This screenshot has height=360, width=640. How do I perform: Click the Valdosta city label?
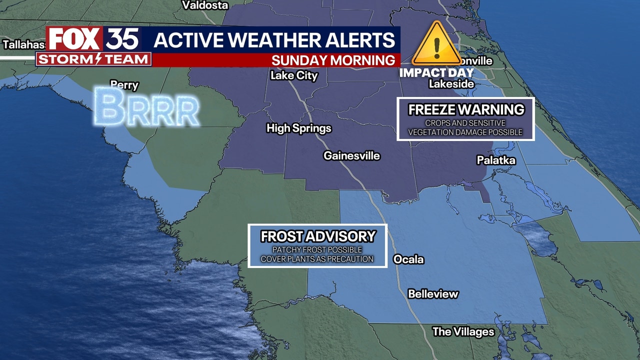pos(205,5)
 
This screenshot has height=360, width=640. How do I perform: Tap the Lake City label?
pos(294,76)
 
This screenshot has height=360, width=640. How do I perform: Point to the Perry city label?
pos(124,85)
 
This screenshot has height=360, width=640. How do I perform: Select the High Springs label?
pos(299,128)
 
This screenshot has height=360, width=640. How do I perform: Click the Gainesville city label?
pos(351,156)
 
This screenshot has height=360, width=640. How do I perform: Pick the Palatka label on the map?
pos(496,160)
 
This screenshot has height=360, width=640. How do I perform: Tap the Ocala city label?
pos(408,259)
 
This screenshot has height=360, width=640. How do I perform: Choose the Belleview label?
pos(433,294)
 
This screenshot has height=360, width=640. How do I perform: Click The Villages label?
pos(463,331)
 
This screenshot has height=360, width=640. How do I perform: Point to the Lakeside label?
pos(451,84)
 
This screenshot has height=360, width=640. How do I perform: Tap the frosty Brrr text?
pos(146,106)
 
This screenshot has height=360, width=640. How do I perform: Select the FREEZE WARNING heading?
pos(466,109)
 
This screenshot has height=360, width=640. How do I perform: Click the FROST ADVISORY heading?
pos(318,236)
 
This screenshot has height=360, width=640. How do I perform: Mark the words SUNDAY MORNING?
pos(333,60)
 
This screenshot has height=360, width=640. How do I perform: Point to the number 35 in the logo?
pos(122,39)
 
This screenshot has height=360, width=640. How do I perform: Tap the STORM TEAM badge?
pos(93,59)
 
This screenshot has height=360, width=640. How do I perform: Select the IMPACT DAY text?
pos(436,72)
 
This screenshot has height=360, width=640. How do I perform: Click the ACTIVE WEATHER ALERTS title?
pos(274,40)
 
